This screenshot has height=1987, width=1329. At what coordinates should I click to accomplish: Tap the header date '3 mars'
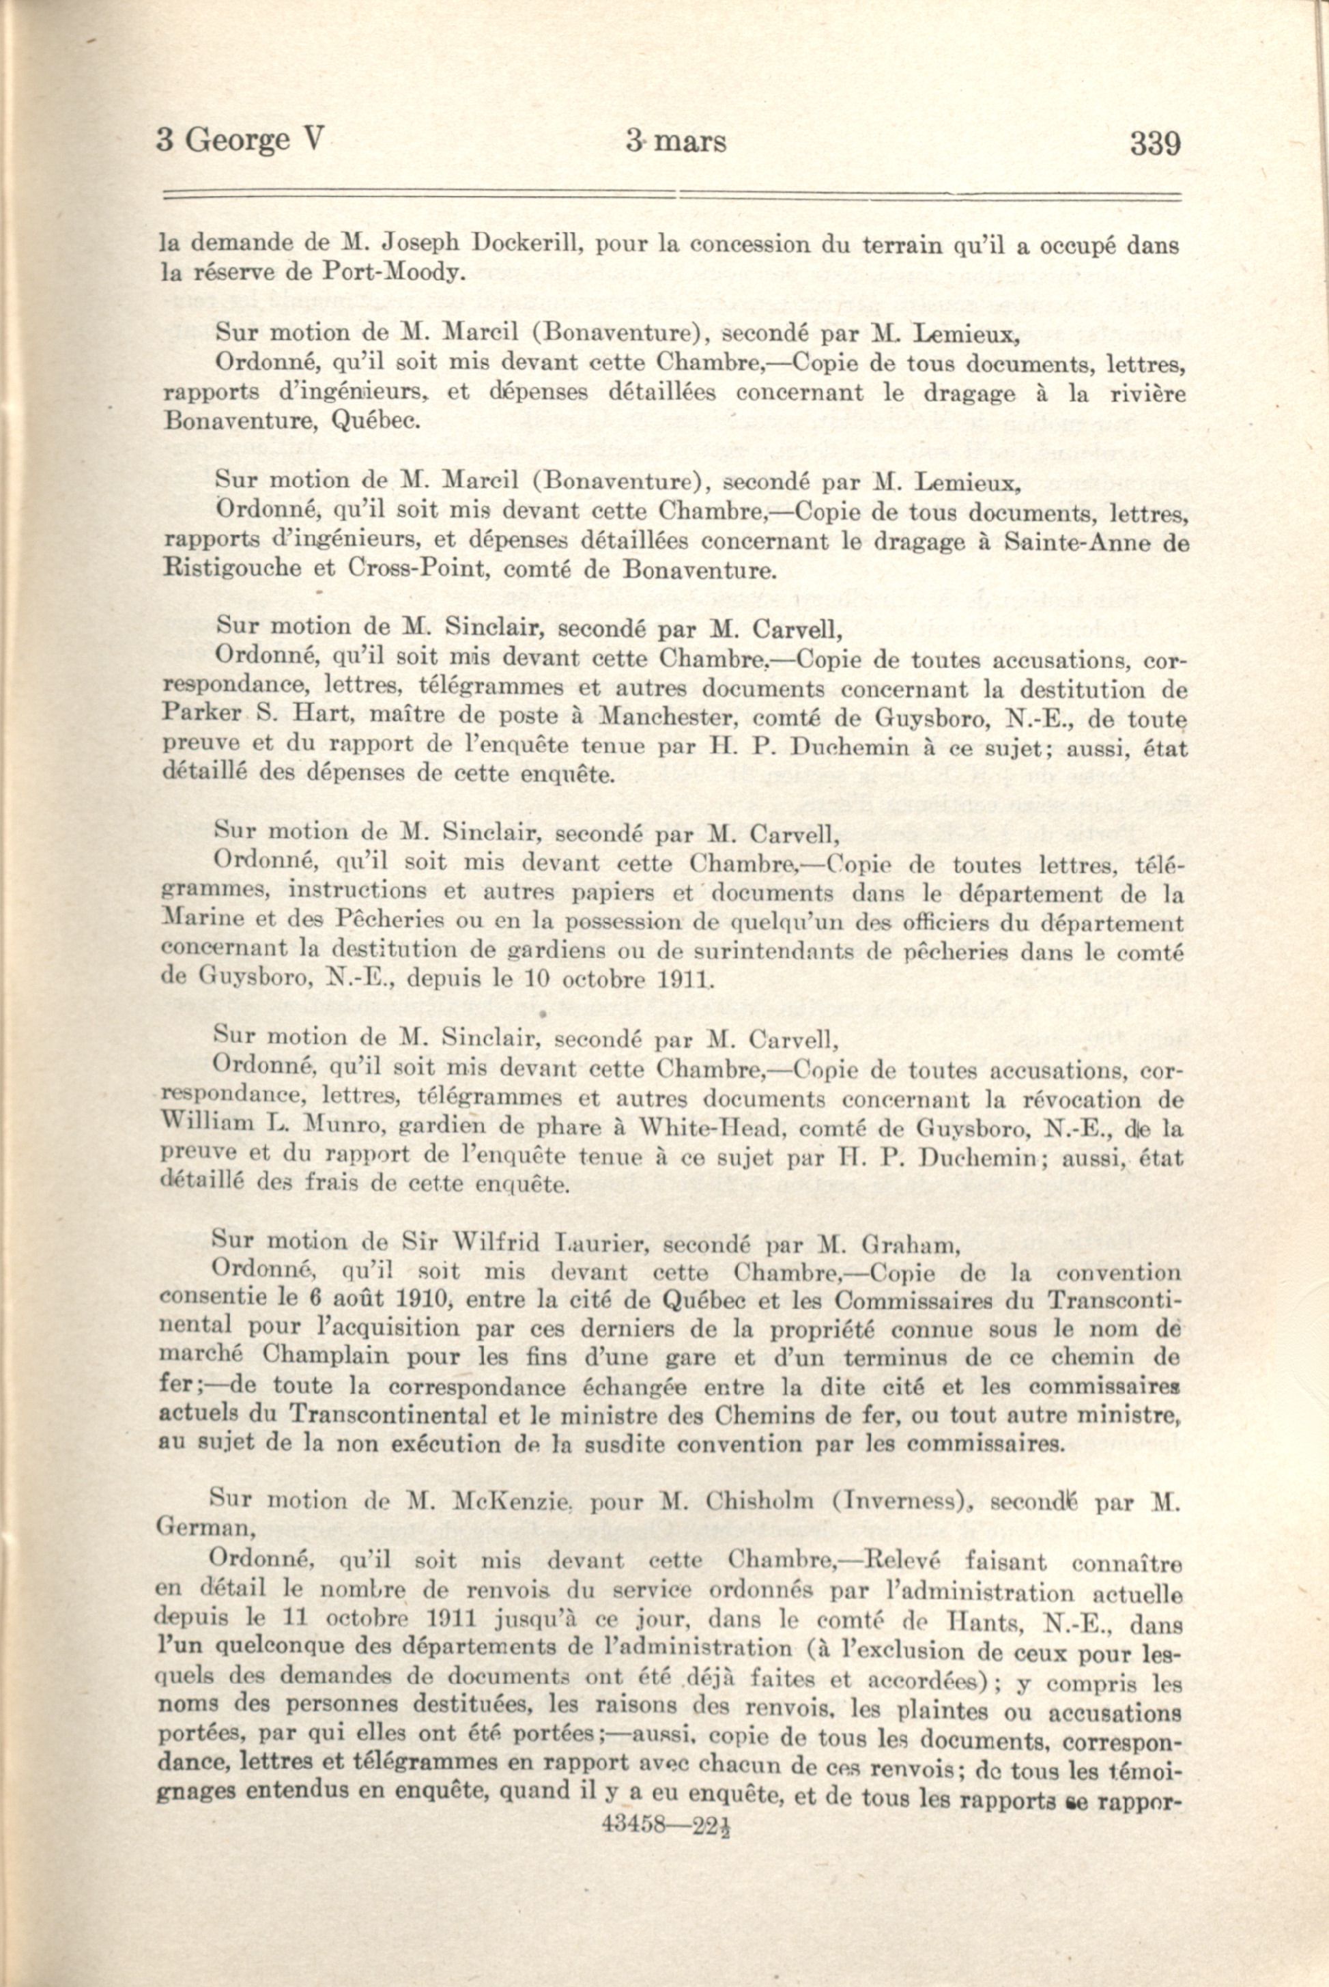676,141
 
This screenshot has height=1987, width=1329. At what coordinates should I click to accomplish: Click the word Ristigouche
231,569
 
